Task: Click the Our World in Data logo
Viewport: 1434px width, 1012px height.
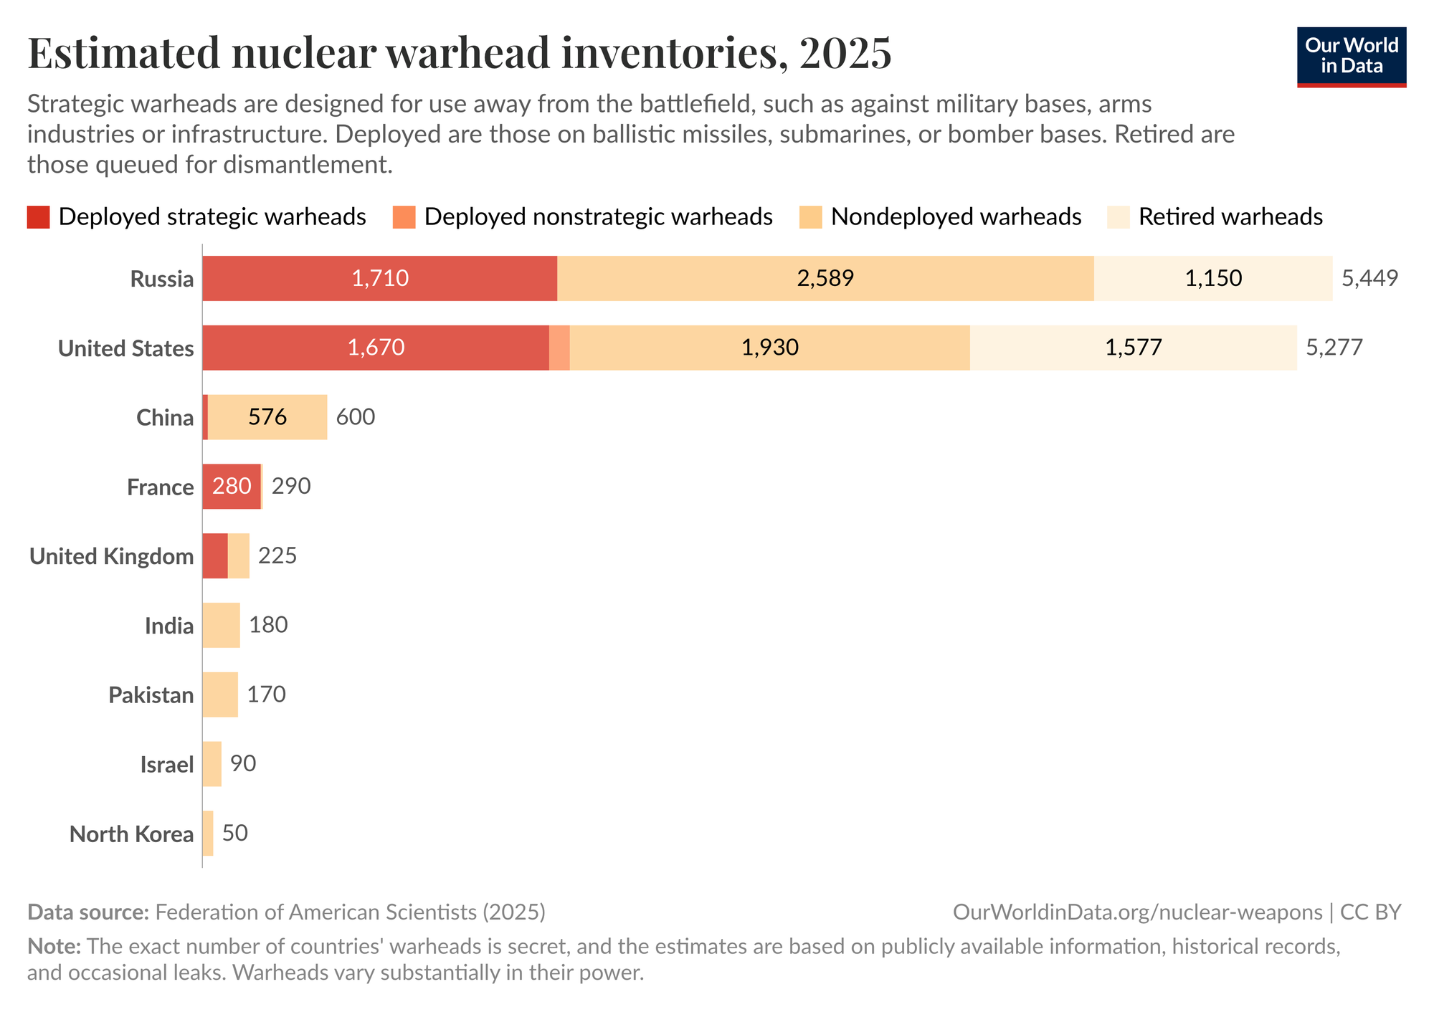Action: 1351,57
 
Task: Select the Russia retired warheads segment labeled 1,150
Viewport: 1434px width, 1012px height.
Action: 1212,278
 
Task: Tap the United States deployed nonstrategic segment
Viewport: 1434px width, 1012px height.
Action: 559,348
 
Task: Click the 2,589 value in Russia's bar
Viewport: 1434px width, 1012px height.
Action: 825,278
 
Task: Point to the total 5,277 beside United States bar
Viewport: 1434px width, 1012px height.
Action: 1334,348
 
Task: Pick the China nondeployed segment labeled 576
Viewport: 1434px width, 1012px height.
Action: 267,417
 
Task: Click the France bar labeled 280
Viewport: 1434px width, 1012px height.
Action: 231,487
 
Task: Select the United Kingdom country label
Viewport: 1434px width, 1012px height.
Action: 112,556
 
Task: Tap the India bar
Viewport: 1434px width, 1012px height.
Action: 221,625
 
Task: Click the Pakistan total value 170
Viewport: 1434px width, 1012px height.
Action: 266,694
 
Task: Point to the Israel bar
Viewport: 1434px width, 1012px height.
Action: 212,764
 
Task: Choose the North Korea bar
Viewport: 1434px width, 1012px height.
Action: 208,833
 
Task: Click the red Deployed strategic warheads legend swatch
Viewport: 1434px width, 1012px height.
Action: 39,216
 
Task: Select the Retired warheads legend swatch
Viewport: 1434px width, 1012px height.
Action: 1119,216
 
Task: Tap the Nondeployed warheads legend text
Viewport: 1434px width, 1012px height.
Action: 956,216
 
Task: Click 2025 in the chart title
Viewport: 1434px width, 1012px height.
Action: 845,53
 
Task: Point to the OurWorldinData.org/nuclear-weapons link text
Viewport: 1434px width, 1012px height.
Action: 1137,912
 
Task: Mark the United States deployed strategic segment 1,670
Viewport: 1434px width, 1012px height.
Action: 376,348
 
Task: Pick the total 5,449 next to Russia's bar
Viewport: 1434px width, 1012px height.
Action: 1369,278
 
